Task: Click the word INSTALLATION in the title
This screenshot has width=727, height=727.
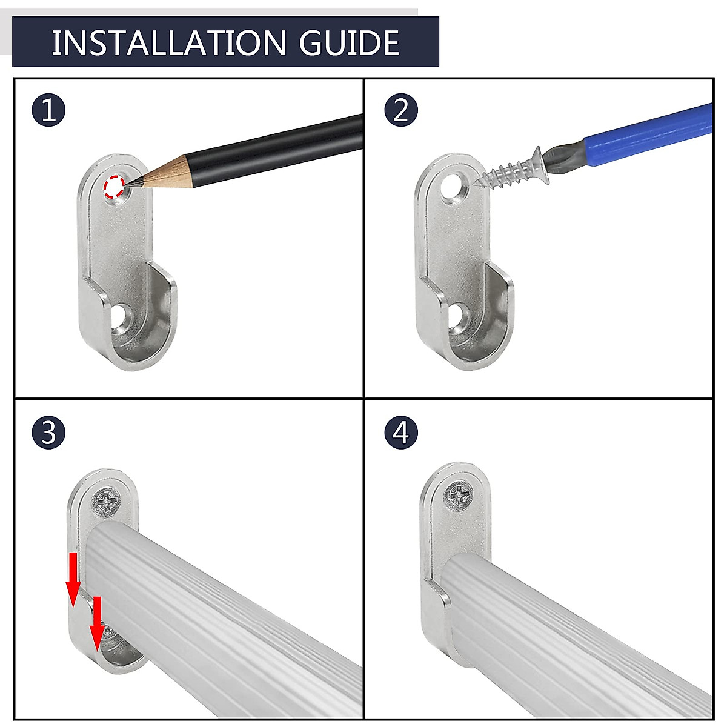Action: (168, 42)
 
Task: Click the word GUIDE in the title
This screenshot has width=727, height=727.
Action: (350, 42)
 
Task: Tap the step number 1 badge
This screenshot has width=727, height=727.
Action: (48, 110)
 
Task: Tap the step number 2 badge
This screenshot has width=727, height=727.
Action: (401, 110)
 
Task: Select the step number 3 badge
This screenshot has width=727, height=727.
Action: (48, 433)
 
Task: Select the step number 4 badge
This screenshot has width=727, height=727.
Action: (401, 433)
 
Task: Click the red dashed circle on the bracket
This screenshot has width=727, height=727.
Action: (115, 187)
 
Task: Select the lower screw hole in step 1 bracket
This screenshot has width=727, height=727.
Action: (122, 318)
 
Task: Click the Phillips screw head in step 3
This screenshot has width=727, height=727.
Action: (105, 501)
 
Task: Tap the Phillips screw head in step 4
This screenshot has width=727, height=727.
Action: (458, 496)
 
